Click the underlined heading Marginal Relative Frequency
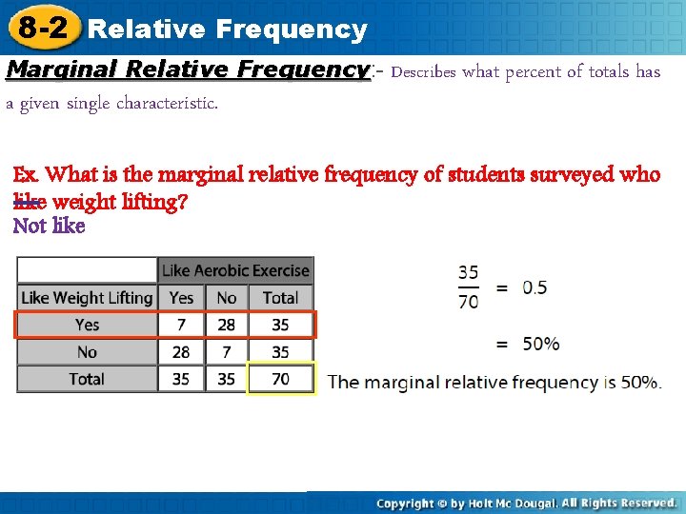(187, 70)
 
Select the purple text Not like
(49, 226)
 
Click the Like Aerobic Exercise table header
(235, 270)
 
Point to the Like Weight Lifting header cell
(87, 298)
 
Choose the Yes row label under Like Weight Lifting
(87, 325)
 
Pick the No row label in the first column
(87, 352)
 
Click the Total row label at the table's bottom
(87, 379)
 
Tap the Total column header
(280, 298)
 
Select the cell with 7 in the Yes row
(181, 325)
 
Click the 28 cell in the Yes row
(227, 325)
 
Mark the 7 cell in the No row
(227, 352)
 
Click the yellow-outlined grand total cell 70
(280, 379)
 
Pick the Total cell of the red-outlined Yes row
(280, 325)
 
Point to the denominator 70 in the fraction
(468, 302)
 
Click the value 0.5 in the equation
(535, 287)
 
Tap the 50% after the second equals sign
(540, 343)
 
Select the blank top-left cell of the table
(87, 270)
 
